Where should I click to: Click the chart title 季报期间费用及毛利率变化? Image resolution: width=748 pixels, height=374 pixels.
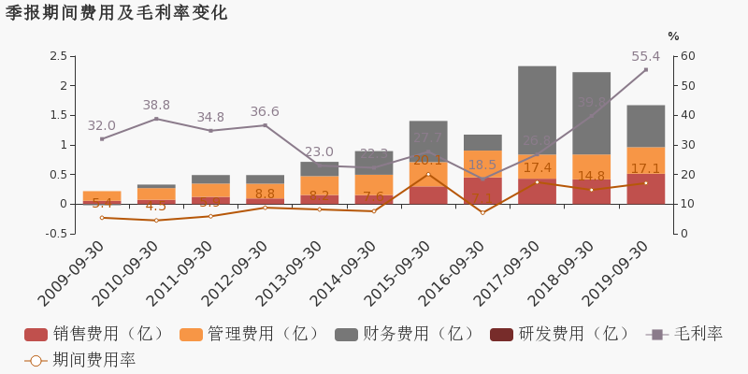click(117, 13)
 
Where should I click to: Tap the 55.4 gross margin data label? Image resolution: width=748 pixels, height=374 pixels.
click(645, 57)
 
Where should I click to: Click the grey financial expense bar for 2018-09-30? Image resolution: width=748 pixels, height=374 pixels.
click(591, 112)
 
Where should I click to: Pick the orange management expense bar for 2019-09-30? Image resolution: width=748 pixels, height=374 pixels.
click(645, 160)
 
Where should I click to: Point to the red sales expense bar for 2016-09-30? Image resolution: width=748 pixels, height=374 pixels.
click(482, 191)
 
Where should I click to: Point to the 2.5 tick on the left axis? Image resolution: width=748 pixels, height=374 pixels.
click(57, 56)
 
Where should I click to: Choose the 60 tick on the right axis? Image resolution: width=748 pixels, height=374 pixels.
click(687, 56)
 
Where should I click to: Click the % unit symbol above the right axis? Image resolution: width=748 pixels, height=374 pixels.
click(673, 36)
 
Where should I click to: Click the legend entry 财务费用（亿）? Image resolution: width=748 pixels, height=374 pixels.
click(406, 335)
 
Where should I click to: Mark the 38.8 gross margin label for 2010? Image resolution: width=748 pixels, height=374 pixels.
click(156, 106)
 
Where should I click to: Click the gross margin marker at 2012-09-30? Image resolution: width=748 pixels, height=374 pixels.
click(265, 125)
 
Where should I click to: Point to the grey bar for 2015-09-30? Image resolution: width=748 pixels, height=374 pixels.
click(428, 140)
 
